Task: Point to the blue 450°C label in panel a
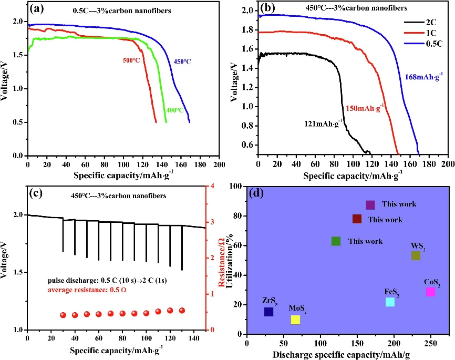coord(182,61)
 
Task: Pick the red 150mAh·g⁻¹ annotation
coord(365,107)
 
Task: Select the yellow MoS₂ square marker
coord(295,320)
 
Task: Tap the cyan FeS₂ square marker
coord(390,302)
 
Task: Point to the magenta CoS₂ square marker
coord(430,292)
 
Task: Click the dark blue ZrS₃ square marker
coord(268,312)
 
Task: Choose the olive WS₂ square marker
coord(416,255)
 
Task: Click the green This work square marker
coord(336,241)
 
